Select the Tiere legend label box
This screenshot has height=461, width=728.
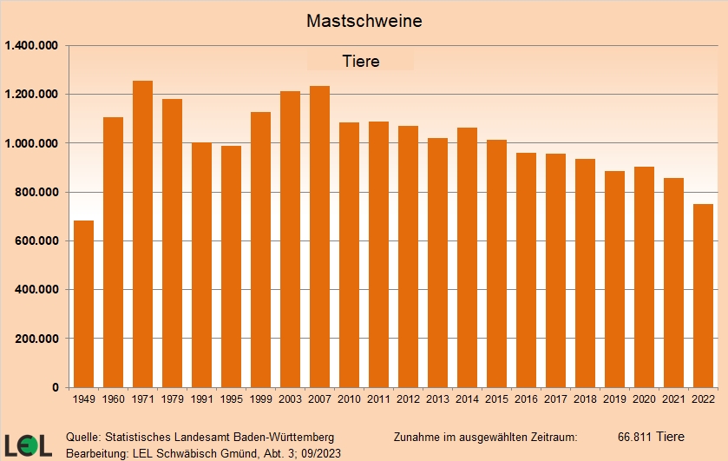pos(360,62)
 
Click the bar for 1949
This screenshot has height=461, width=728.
pos(84,304)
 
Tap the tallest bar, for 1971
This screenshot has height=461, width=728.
pos(143,234)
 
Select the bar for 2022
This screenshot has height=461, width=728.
pos(703,295)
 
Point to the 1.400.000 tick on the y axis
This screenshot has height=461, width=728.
pos(32,45)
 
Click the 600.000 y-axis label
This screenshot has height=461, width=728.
pos(35,240)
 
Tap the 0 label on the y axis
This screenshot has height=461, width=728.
pos(55,387)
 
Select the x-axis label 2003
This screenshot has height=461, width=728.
pos(290,400)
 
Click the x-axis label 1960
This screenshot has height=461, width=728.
pos(113,400)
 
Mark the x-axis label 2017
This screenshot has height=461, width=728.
pos(555,400)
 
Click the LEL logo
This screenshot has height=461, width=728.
pos(28,444)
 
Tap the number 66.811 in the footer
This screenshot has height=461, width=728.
pos(635,436)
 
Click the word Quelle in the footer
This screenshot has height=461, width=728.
pos(82,436)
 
